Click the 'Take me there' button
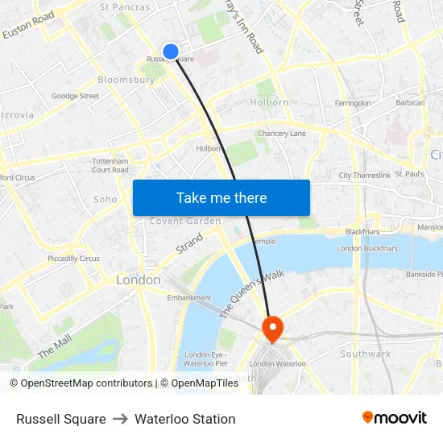click(x=221, y=197)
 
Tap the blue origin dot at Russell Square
click(x=171, y=52)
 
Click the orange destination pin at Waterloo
click(x=273, y=328)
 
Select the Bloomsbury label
click(x=126, y=81)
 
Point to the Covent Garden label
click(x=185, y=221)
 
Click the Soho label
click(x=106, y=199)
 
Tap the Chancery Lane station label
click(x=282, y=134)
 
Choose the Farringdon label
click(x=353, y=103)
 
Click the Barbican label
click(x=410, y=103)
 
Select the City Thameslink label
click(x=365, y=175)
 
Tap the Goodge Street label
click(x=75, y=97)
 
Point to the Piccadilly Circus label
click(x=73, y=259)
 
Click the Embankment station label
click(x=188, y=297)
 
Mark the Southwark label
click(x=365, y=354)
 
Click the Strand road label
click(x=189, y=243)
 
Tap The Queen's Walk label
click(x=252, y=294)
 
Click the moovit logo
click(x=394, y=418)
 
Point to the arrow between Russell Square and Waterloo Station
click(x=120, y=419)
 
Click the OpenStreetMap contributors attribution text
click(x=85, y=383)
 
